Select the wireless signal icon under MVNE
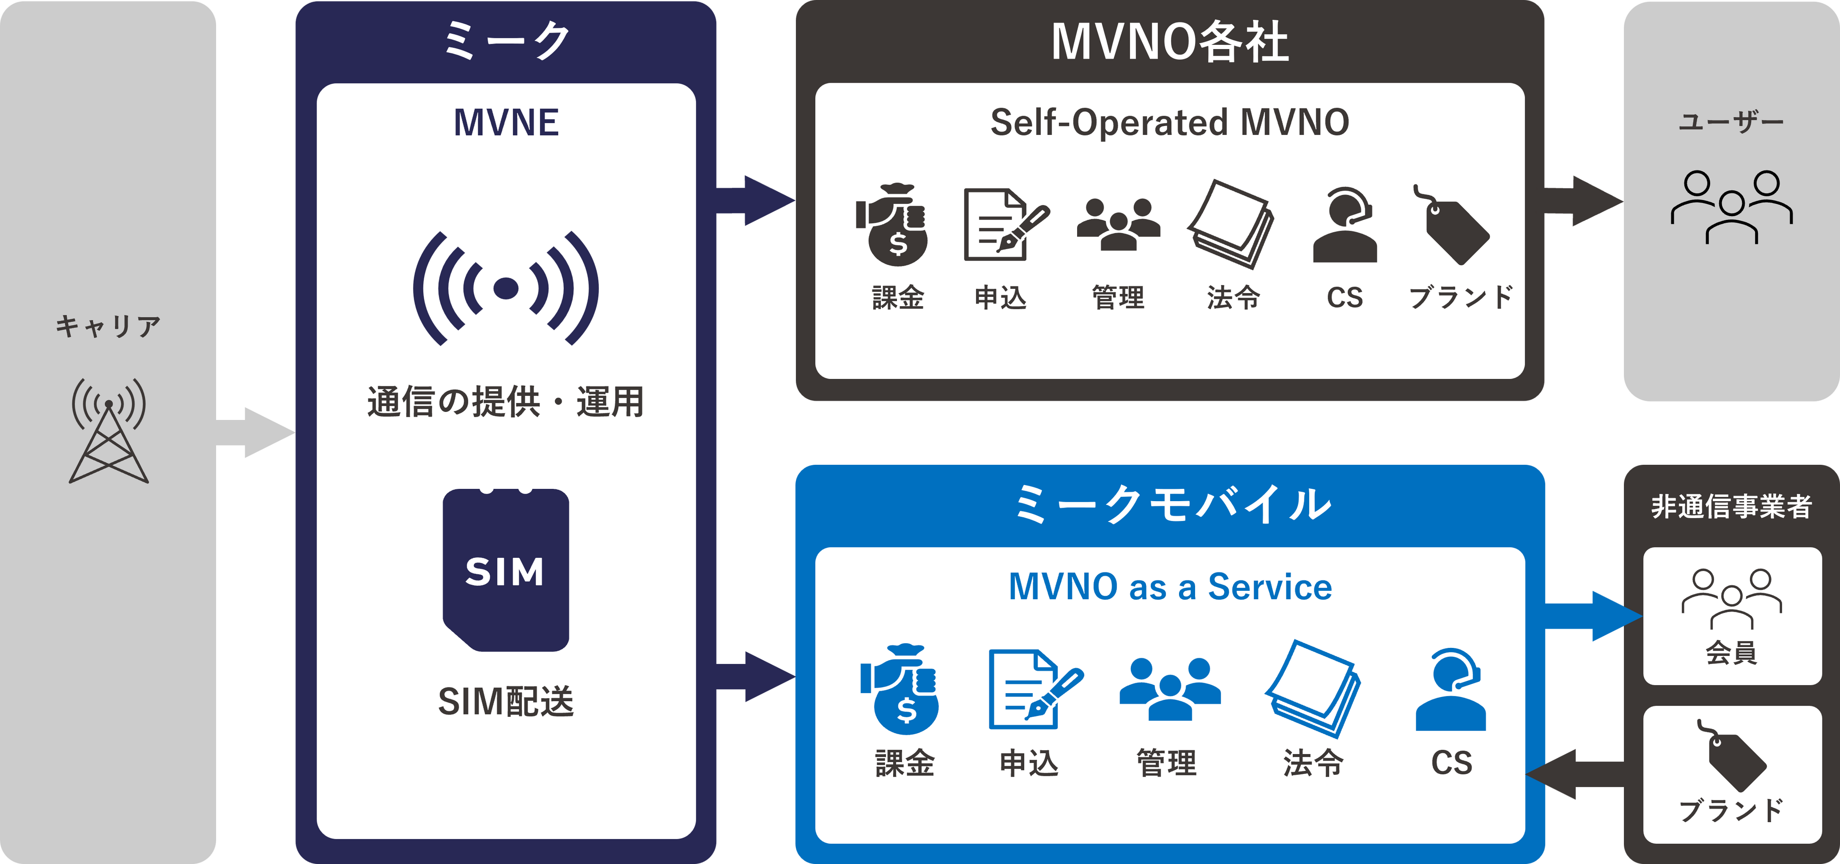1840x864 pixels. coord(506,288)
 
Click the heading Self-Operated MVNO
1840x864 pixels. coord(1169,122)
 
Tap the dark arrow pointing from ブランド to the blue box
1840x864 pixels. coord(1575,774)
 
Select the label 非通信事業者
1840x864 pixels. coord(1731,507)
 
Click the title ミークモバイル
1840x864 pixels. coord(1171,504)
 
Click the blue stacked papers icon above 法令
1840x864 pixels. coord(1313,689)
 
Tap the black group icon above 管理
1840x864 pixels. coord(1118,224)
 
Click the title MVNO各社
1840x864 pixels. coord(1169,42)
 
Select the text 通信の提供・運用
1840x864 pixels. coord(506,402)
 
